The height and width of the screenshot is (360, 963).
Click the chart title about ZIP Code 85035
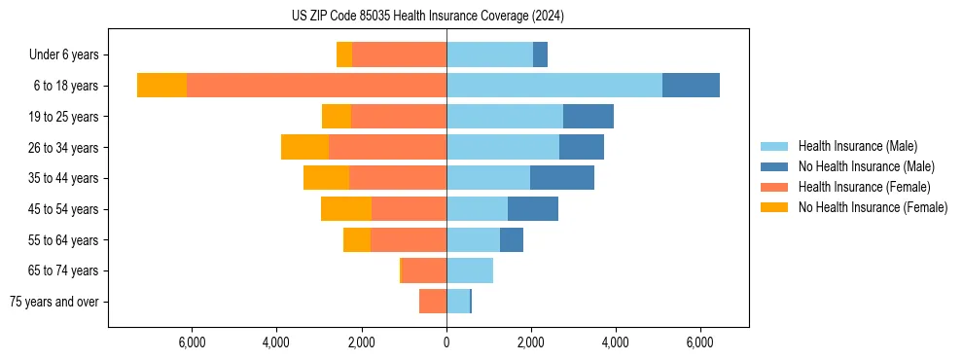click(x=427, y=16)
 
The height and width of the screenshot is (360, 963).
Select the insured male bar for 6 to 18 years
click(x=554, y=86)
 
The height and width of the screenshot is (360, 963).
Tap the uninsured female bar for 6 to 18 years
click(x=161, y=86)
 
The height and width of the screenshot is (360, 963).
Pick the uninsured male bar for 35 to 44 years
click(x=562, y=178)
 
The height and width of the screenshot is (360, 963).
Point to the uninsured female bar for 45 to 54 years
click(x=346, y=208)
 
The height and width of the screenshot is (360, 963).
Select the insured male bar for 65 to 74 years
click(x=470, y=270)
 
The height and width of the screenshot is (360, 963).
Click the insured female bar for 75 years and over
click(x=433, y=302)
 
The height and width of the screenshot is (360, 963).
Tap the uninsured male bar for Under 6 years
click(x=540, y=54)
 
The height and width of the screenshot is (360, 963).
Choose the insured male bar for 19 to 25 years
click(x=505, y=117)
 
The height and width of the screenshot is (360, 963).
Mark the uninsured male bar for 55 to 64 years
click(x=512, y=239)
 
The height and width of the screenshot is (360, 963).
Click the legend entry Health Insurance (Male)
click(x=857, y=146)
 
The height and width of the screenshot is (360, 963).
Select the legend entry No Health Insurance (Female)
click(x=873, y=207)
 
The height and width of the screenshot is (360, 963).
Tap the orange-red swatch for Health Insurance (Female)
click(x=774, y=187)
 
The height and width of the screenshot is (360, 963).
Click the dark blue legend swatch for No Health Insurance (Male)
click(x=774, y=166)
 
